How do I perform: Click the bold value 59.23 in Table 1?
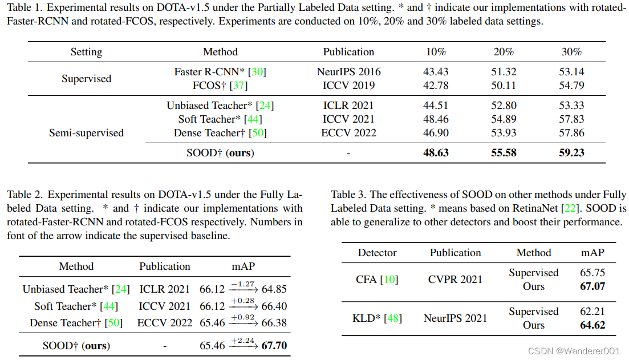tap(571, 152)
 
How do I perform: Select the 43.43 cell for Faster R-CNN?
tap(436, 72)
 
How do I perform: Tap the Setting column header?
tap(86, 52)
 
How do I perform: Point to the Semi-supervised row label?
tap(86, 133)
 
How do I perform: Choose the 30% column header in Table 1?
tap(571, 52)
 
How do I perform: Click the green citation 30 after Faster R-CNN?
tap(258, 72)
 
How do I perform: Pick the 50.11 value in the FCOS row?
tap(504, 86)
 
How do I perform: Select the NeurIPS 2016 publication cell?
tap(348, 72)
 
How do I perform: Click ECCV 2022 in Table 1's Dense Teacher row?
tap(348, 133)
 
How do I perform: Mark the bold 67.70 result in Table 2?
tap(274, 346)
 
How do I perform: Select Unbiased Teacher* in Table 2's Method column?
tap(67, 289)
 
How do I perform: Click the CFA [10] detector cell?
tap(377, 280)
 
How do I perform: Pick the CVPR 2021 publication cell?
tap(455, 280)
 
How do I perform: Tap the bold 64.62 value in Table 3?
tap(592, 325)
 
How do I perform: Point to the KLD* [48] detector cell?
tap(377, 318)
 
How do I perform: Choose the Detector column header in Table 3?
tap(377, 253)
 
